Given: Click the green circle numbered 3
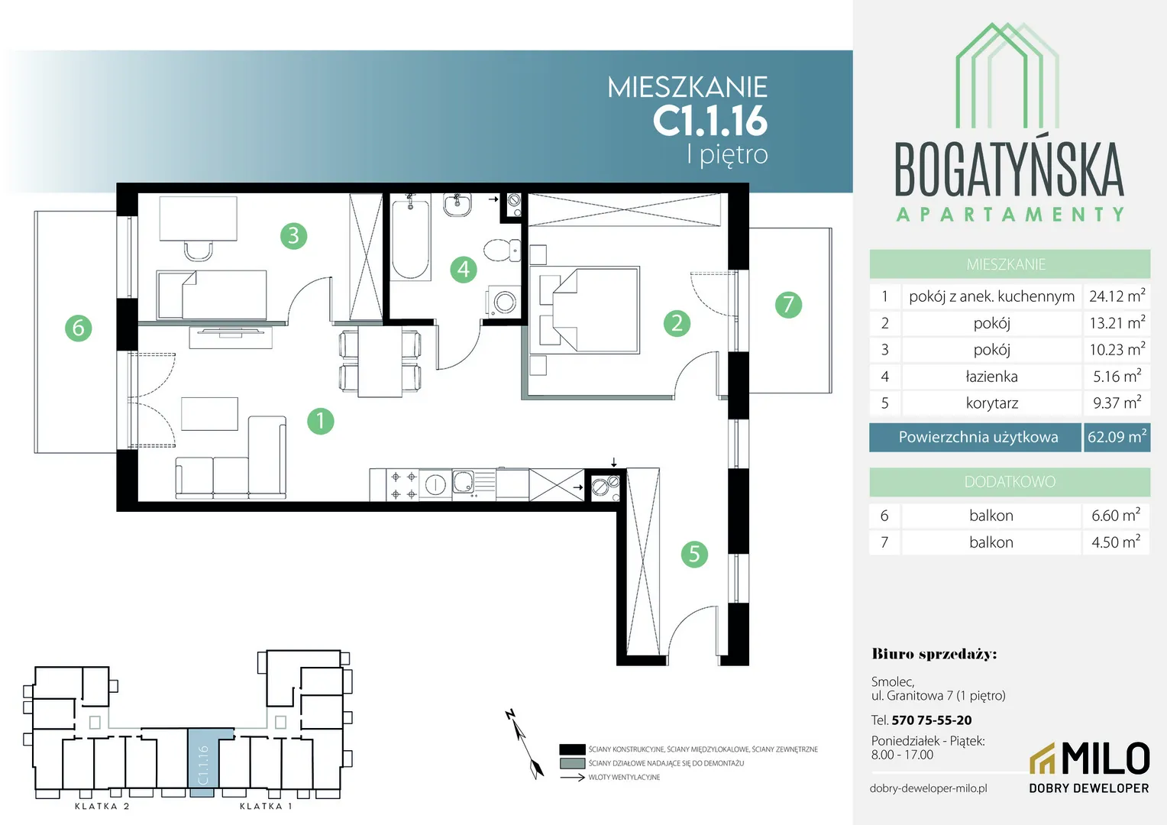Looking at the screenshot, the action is (x=293, y=235).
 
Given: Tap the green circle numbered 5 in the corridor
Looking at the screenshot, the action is (x=694, y=554).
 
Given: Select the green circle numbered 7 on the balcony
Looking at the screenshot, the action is (x=788, y=305).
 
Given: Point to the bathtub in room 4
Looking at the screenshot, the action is (x=411, y=237).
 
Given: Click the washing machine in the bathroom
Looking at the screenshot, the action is (x=503, y=301).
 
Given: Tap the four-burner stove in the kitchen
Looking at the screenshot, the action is (x=403, y=484).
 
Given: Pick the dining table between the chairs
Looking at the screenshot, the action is (x=380, y=361).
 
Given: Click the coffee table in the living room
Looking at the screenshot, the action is (x=209, y=414).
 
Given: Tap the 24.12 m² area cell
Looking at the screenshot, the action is (x=1117, y=296).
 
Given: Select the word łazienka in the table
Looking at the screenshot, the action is (x=991, y=377).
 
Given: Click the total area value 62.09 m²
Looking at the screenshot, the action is (x=1117, y=437).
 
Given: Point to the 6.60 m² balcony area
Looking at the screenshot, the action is (x=1116, y=516).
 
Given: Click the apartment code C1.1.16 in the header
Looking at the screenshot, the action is (x=710, y=121).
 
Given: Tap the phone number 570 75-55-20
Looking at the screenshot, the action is (x=932, y=720).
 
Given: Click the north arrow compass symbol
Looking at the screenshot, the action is (x=525, y=744).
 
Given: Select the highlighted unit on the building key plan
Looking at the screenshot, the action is (x=204, y=762).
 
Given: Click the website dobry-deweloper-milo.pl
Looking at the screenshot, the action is (x=929, y=788).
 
